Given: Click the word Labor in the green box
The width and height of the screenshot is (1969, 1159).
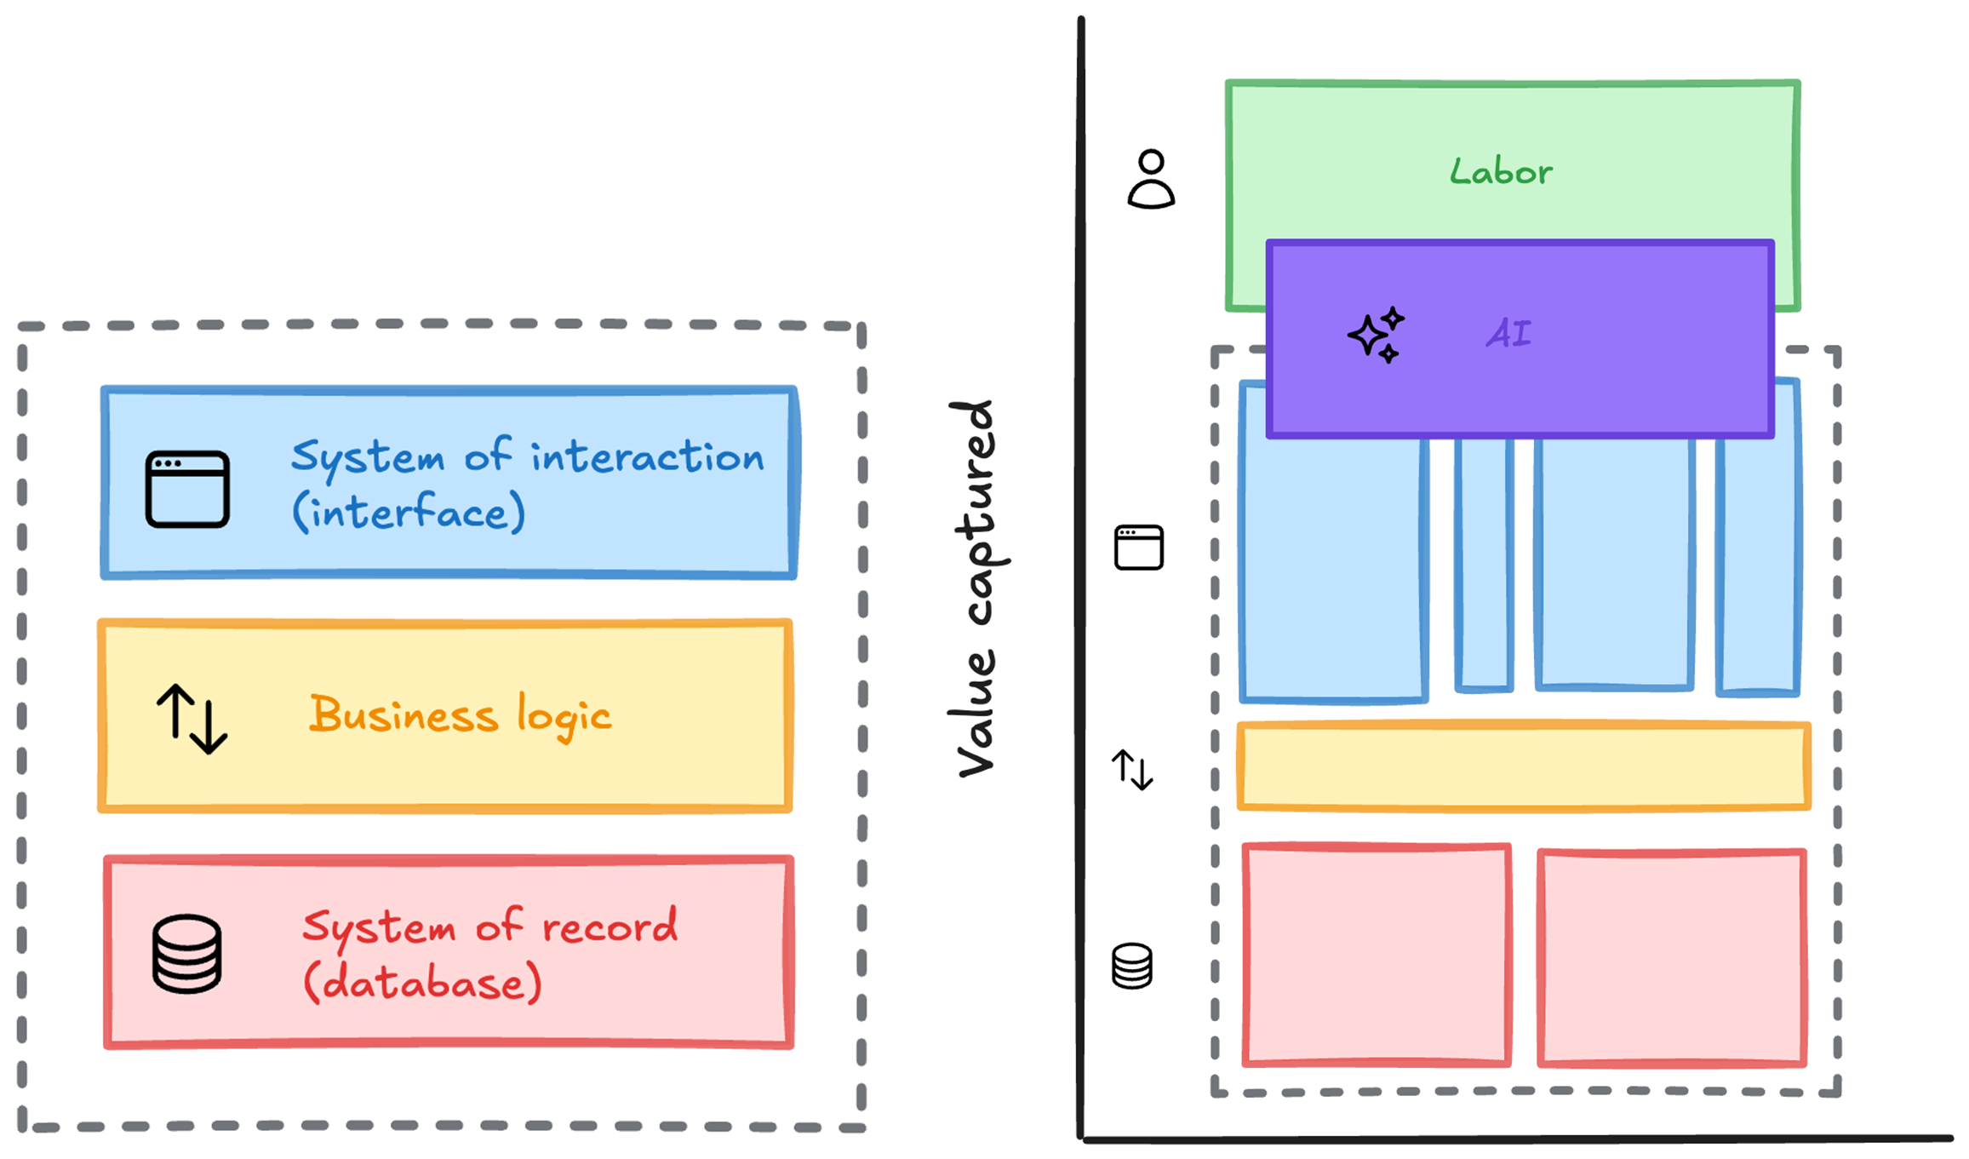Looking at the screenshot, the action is pos(1501,171).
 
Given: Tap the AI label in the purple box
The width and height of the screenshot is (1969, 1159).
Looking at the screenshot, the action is pos(1508,333).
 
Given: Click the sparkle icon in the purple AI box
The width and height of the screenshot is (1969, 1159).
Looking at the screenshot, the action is pos(1376,335).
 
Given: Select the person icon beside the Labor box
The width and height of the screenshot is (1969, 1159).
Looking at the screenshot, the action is pos(1151,179).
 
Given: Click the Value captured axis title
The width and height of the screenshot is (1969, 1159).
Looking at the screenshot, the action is pos(977,588).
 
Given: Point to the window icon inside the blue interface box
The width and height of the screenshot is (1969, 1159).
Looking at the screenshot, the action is pos(187,489).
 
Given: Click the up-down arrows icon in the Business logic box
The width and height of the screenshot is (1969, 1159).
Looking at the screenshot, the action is pos(192,719).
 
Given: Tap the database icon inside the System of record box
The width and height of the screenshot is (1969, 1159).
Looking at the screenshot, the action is pos(187,954).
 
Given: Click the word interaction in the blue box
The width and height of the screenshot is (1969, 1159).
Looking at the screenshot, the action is pos(647,456).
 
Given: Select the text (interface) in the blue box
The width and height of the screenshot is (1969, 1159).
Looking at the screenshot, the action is pos(409,513).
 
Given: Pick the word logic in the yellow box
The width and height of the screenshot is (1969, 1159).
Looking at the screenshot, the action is pos(564,717).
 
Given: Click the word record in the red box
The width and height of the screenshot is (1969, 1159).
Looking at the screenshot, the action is pos(610,926).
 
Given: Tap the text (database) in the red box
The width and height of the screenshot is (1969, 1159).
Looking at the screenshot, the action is pos(422,983).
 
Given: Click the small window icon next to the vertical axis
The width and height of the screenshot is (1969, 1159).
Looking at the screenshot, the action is pos(1139,547).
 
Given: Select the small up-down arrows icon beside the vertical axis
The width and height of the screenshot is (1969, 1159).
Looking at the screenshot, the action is pos(1132,769).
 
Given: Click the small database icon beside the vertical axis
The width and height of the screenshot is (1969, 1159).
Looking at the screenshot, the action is pos(1132,966).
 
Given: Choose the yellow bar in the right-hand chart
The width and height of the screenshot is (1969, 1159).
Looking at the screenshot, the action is pos(1524,766).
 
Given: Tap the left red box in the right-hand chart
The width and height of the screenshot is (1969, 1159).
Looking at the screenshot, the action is pos(1377,955).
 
